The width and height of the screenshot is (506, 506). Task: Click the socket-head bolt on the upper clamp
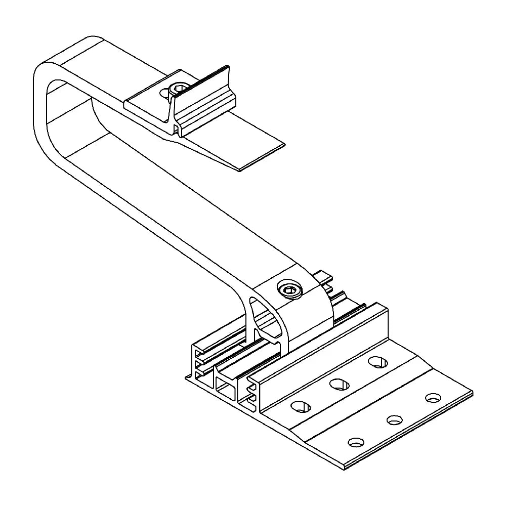178,90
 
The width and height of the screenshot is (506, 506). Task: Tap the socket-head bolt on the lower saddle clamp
290,290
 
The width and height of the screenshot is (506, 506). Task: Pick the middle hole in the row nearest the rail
340,384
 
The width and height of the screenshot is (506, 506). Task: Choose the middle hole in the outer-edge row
394,419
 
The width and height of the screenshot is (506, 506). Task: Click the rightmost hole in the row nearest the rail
377,362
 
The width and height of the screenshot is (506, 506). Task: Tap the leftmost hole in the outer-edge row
356,442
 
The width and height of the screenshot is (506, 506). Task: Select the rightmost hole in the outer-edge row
433,398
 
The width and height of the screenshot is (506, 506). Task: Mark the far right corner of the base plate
472,392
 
